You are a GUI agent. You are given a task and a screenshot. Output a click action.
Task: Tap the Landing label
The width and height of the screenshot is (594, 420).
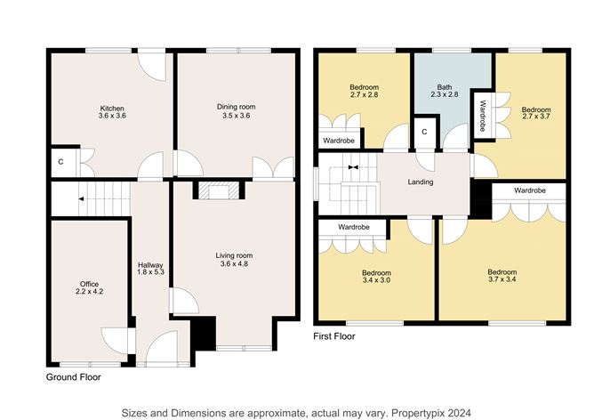421,182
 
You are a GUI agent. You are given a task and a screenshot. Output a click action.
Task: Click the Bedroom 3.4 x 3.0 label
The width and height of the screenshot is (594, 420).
376,276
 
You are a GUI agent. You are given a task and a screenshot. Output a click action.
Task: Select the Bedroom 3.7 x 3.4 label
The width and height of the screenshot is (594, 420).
502,276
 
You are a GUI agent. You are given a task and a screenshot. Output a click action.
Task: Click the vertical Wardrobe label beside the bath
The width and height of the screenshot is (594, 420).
482,113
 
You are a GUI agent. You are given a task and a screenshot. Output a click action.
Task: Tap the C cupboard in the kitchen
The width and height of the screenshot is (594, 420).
60,162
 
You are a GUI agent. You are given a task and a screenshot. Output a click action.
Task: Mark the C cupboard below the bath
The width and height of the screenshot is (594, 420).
424,132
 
